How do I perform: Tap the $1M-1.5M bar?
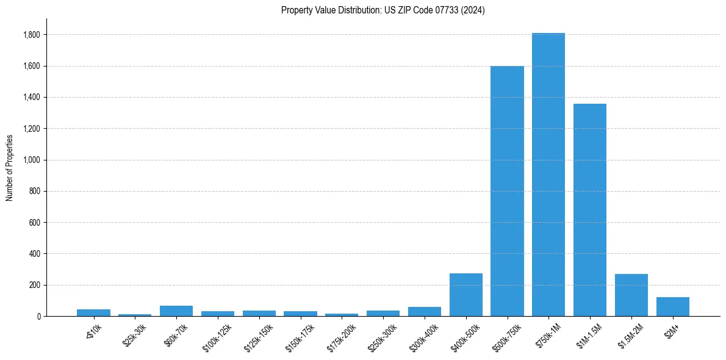[x=590, y=210]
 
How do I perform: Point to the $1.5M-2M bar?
[x=631, y=295]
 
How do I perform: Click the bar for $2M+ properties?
[x=673, y=306]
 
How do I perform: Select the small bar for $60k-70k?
[x=176, y=311]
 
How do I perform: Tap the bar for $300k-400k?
[x=425, y=311]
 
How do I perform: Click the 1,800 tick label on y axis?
[x=31, y=35]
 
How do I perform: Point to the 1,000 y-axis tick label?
[x=31, y=160]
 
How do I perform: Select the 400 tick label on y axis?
[x=34, y=254]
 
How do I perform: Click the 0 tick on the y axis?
[x=38, y=316]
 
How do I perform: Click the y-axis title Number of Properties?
[x=10, y=168]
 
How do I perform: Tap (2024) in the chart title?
[x=473, y=10]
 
